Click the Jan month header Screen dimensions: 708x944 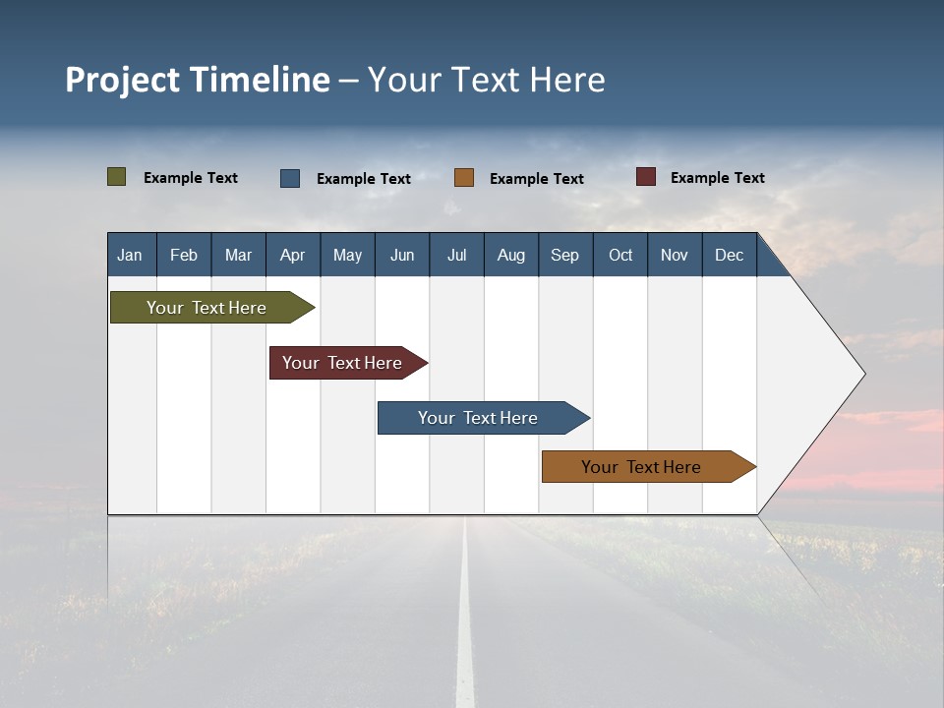pyautogui.click(x=131, y=255)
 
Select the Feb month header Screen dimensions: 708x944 pyautogui.click(x=184, y=255)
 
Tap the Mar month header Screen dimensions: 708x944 pyautogui.click(x=238, y=255)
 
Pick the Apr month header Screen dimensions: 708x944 pyautogui.click(x=293, y=255)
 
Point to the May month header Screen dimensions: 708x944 pyautogui.click(x=347, y=255)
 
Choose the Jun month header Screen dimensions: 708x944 pyautogui.click(x=402, y=255)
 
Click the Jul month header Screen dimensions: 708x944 pyautogui.click(x=456, y=255)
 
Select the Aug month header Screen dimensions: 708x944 pyautogui.click(x=511, y=255)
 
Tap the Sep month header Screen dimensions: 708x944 pyautogui.click(x=565, y=255)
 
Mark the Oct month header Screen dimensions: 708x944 pyautogui.click(x=620, y=255)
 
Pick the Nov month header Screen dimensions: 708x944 pyautogui.click(x=675, y=255)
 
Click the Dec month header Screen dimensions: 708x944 pyautogui.click(x=730, y=255)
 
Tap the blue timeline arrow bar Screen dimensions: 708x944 pyautogui.click(x=479, y=418)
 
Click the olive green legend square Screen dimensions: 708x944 pyautogui.click(x=117, y=177)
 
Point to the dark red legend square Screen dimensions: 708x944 pyautogui.click(x=646, y=177)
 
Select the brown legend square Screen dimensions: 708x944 pyautogui.click(x=464, y=178)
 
